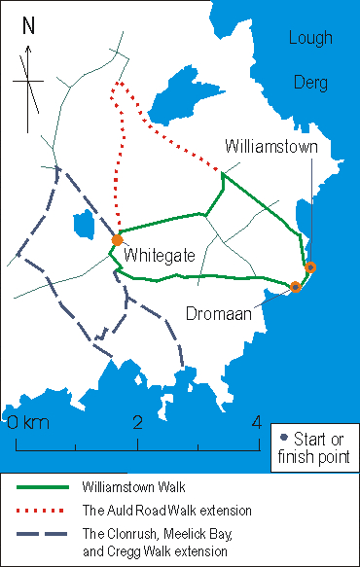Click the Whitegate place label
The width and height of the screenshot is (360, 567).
coord(160,255)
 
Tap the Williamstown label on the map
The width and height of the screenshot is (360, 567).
coord(271,147)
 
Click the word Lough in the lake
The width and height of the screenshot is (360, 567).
coord(310,38)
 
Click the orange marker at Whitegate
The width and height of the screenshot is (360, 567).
coord(118,240)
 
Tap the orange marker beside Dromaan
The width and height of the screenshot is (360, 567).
coord(296,287)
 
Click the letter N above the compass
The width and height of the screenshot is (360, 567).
coord(29,25)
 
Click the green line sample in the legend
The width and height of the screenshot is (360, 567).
coord(44,486)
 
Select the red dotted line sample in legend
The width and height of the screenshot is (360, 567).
coord(44,510)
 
